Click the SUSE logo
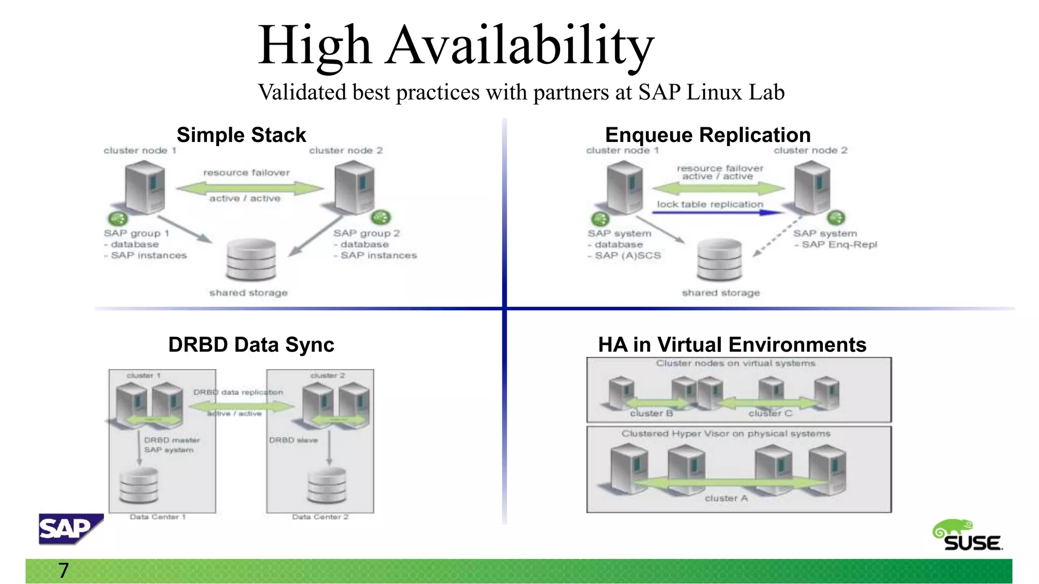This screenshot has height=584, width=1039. [x=967, y=536]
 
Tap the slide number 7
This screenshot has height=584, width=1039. [x=63, y=571]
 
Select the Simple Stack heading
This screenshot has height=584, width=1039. [x=241, y=135]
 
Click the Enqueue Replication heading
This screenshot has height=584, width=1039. [x=708, y=135]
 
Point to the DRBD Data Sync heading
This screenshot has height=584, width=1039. [x=251, y=345]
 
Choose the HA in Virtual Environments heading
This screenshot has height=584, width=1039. [x=732, y=345]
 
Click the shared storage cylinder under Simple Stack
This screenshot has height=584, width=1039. [x=251, y=260]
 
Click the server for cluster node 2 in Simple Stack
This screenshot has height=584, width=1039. [x=355, y=187]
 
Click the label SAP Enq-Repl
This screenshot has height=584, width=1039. [x=839, y=245]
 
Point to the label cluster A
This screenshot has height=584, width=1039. [x=726, y=499]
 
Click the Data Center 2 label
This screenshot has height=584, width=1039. [x=320, y=517]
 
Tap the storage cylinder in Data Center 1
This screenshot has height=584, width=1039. [x=138, y=485]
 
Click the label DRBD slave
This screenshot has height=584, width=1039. [x=293, y=440]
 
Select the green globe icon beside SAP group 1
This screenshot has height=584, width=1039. [x=118, y=218]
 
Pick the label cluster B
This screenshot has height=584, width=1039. [x=651, y=414]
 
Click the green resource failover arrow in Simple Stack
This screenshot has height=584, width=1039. [x=249, y=189]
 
